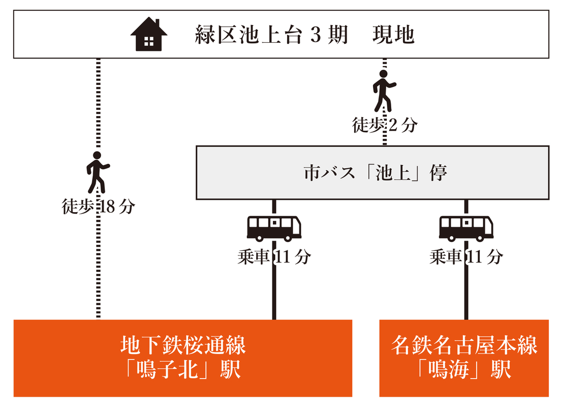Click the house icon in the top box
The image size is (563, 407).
coord(149,35)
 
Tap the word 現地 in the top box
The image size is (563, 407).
coord(394,36)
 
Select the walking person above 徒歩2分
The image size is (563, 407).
coord(384,91)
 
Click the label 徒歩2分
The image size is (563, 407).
coord(385,125)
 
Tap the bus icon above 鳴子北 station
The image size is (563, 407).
coord(274,227)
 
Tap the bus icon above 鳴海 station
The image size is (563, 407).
coord(466,227)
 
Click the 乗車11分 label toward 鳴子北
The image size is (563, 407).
coord(274,257)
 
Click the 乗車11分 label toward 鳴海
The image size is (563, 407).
coord(466,257)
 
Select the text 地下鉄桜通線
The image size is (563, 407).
coord(183,346)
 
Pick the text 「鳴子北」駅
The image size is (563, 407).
coord(183,370)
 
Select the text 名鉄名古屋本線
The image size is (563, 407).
coord(464,346)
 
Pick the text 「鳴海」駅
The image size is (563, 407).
coord(464,370)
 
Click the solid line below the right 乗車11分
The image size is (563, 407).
coord(466,295)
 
